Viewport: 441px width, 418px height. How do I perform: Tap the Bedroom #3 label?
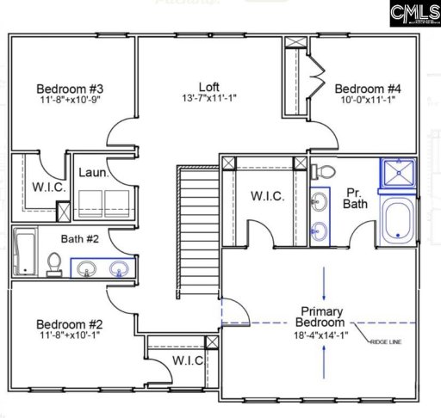pyautogui.click(x=71, y=89)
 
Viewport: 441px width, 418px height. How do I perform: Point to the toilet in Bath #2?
pyautogui.click(x=53, y=265)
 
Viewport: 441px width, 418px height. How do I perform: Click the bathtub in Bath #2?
pyautogui.click(x=24, y=252)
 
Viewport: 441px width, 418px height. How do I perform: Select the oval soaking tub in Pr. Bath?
pyautogui.click(x=397, y=220)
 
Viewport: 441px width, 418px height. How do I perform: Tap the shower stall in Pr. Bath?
pyautogui.click(x=397, y=175)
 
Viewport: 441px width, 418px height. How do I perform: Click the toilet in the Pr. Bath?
pyautogui.click(x=319, y=172)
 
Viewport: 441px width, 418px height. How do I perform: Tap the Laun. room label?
pyautogui.click(x=93, y=173)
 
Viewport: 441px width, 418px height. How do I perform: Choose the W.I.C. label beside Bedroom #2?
pyautogui.click(x=187, y=360)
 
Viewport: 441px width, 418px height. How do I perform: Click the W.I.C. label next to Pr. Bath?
pyautogui.click(x=268, y=196)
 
